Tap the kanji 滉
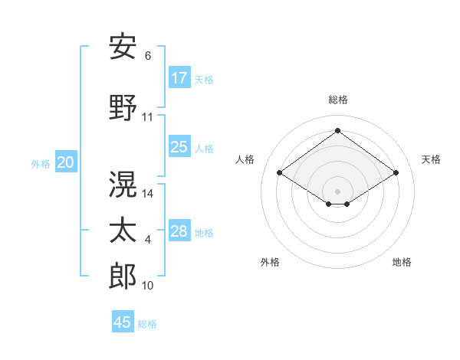coord(123,184)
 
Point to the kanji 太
coord(123,231)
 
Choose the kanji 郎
coord(123,277)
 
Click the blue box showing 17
coord(179,78)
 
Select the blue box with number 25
coord(179,147)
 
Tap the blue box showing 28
coord(179,231)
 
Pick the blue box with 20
coord(66,162)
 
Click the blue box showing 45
coord(123,322)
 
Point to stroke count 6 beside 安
coord(148,56)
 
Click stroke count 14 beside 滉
coord(148,194)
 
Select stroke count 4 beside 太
coord(148,241)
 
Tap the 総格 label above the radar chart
coord(337,100)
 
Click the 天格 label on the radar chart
coord(431,159)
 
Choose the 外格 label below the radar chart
coord(270,262)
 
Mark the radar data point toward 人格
coord(280,173)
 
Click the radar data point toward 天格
coord(396,173)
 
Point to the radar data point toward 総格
coord(337,130)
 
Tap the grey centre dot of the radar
coord(337,190)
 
